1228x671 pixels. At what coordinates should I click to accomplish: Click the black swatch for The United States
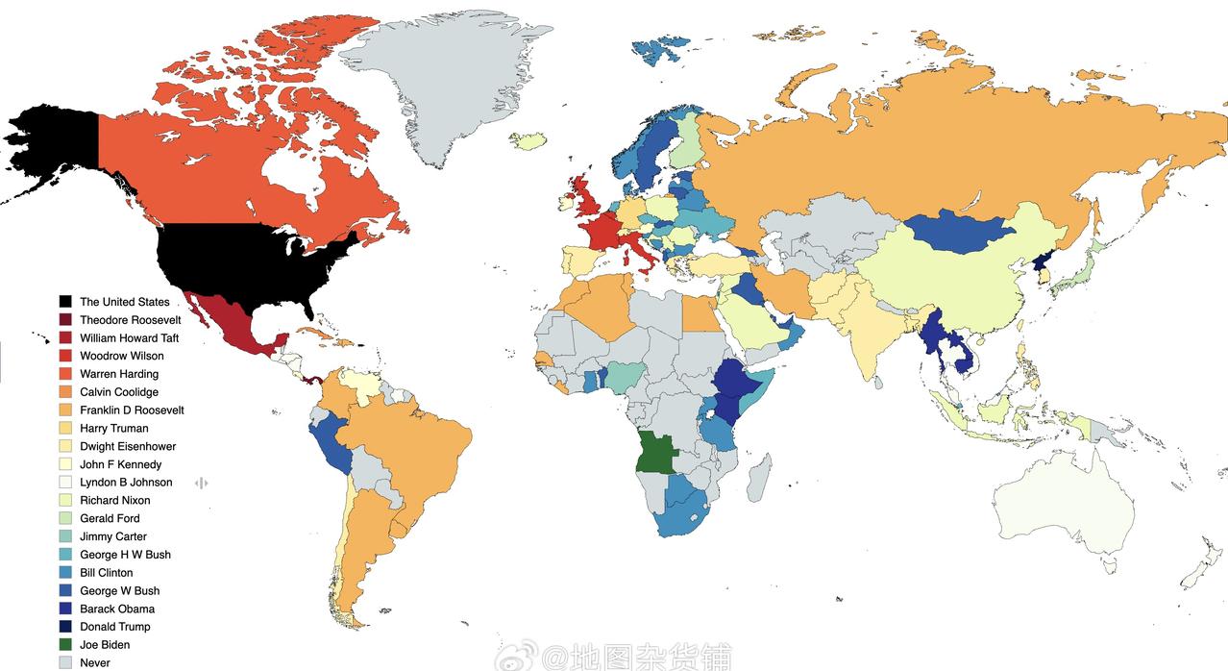click(65, 302)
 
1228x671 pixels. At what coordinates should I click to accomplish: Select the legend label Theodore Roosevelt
click(130, 320)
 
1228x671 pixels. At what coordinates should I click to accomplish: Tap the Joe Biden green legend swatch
click(65, 645)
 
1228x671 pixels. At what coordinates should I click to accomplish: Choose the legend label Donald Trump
click(114, 627)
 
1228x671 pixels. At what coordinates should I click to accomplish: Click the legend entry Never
click(94, 663)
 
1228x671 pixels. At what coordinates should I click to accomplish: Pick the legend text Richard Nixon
click(114, 501)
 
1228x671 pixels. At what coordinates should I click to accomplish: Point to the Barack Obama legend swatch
click(65, 609)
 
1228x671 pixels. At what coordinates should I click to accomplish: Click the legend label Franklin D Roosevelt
click(132, 410)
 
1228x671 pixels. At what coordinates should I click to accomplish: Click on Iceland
click(528, 141)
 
